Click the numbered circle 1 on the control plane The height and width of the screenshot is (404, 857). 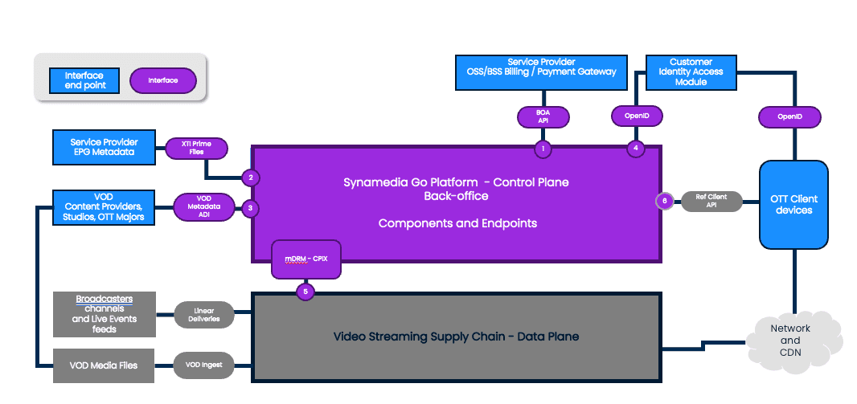pyautogui.click(x=543, y=148)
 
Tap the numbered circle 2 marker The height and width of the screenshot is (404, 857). pyautogui.click(x=251, y=178)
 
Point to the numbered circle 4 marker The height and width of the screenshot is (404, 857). pyautogui.click(x=636, y=148)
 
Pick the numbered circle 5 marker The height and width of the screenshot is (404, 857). pyautogui.click(x=305, y=291)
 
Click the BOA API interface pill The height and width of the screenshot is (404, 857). pyautogui.click(x=543, y=117)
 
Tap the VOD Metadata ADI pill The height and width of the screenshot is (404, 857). pyautogui.click(x=203, y=207)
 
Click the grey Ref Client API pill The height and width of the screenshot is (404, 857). pyautogui.click(x=711, y=202)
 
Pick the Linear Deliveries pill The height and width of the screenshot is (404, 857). pyautogui.click(x=204, y=315)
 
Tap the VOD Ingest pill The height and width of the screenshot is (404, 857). pyautogui.click(x=204, y=365)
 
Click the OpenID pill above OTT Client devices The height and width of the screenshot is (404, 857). pyautogui.click(x=789, y=117)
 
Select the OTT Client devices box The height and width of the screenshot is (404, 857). pyautogui.click(x=793, y=204)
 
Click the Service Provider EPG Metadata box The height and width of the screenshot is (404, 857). pyautogui.click(x=103, y=147)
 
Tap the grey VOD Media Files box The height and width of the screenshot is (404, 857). pyautogui.click(x=102, y=365)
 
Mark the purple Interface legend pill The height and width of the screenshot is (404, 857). pyautogui.click(x=162, y=80)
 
